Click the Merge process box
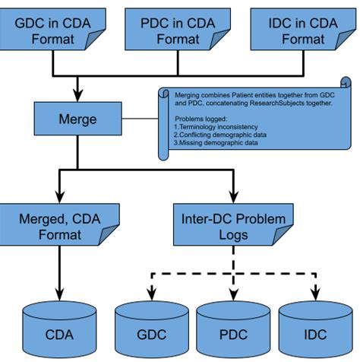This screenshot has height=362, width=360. (x=77, y=119)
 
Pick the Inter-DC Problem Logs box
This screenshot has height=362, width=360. (x=231, y=227)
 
